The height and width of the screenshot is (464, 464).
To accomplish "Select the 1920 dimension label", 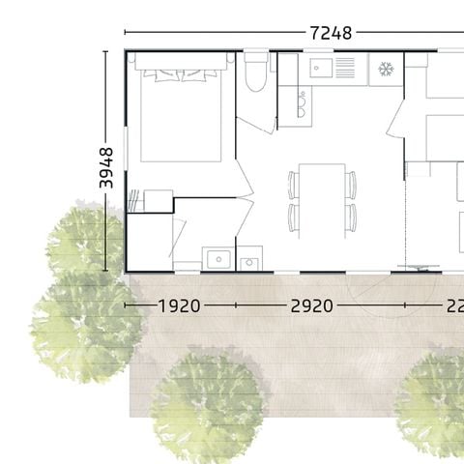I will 179,305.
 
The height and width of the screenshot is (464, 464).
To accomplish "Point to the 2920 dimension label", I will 311,305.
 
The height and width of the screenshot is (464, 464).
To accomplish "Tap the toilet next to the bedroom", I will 255,74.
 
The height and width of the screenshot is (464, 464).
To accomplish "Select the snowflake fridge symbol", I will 385,70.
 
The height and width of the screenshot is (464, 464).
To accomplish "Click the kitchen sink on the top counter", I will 322,69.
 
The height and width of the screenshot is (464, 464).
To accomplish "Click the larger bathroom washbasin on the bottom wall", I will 216,259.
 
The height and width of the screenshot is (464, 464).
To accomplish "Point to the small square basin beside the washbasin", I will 250,261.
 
